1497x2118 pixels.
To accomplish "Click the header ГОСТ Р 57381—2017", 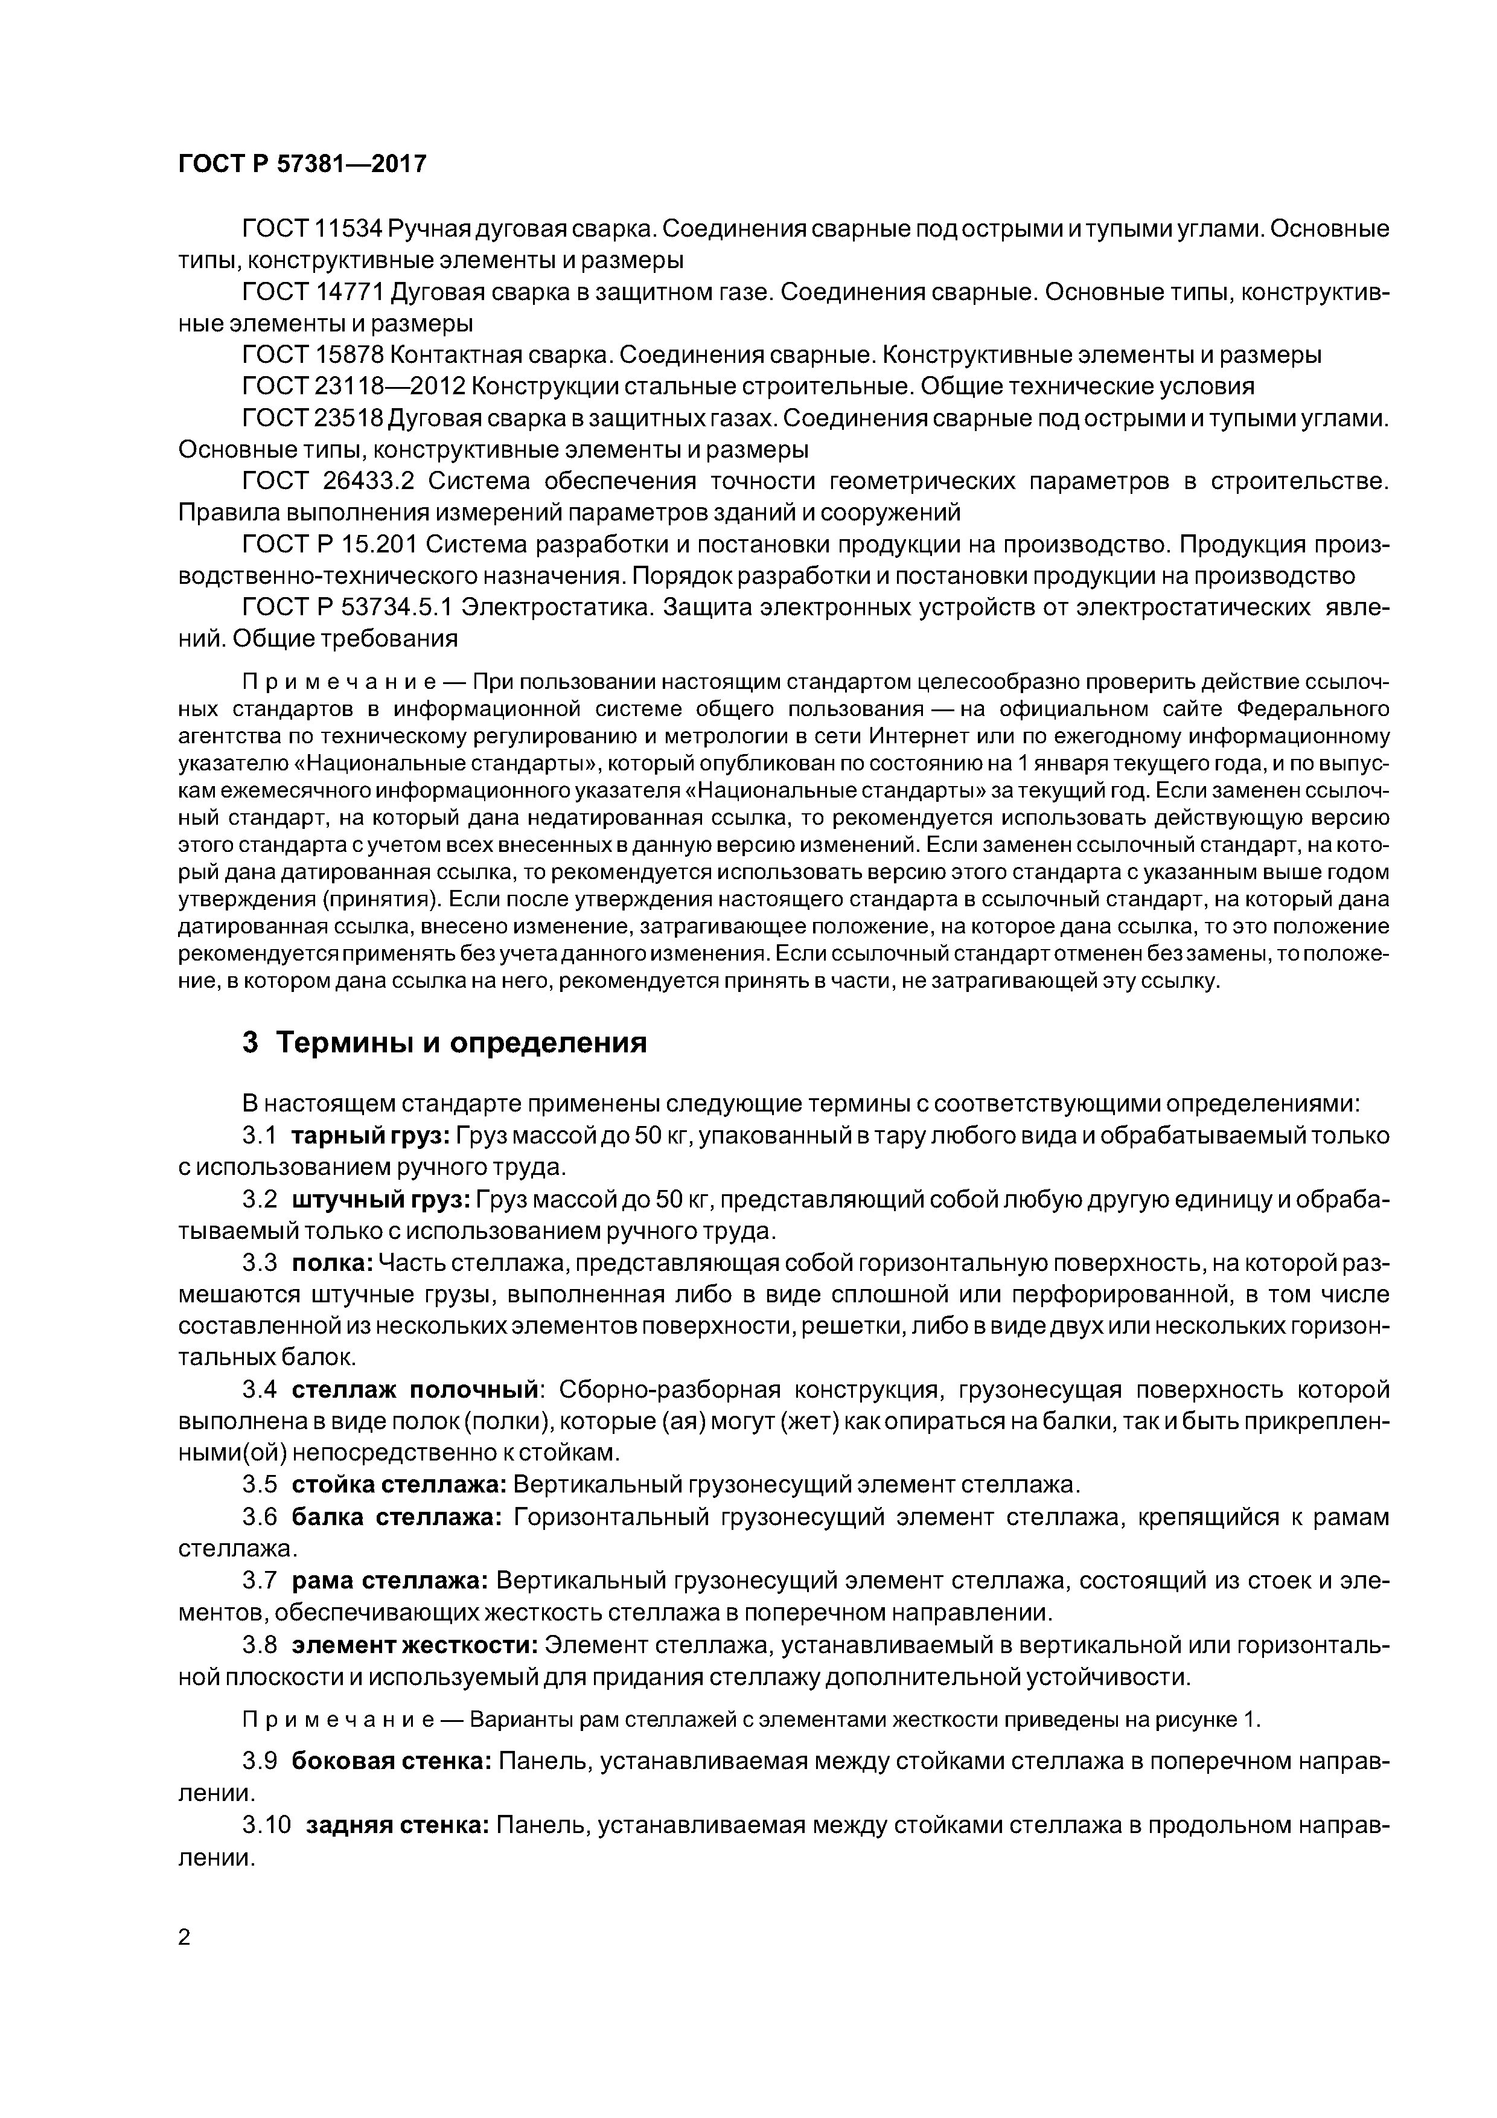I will pyautogui.click(x=302, y=164).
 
